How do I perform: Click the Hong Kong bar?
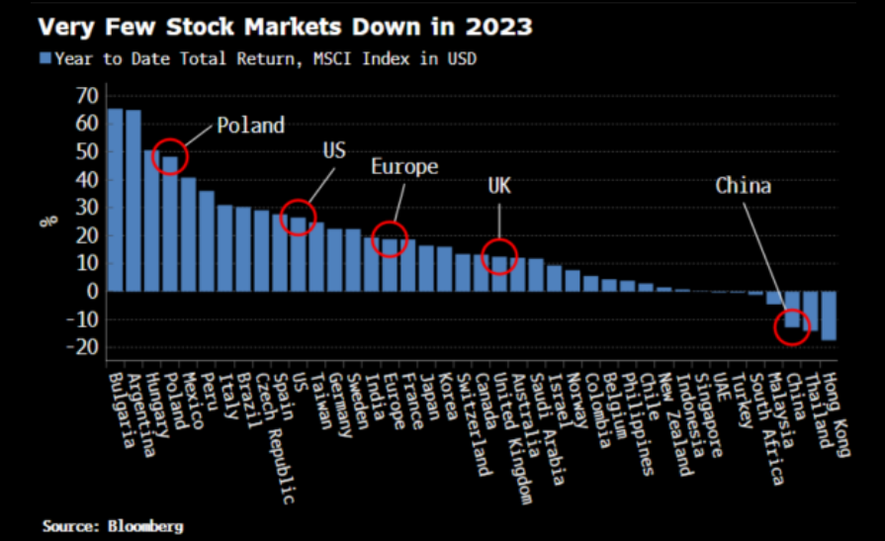[x=829, y=316]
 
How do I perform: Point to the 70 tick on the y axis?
[x=87, y=96]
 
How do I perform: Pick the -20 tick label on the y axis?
[x=83, y=346]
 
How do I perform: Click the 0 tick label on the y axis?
[x=92, y=291]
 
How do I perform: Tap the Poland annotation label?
[x=250, y=126]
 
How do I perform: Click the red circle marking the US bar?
[x=297, y=217]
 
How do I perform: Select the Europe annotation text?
[x=403, y=167]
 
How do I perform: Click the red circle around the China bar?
[x=791, y=326]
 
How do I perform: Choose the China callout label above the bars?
[x=743, y=185]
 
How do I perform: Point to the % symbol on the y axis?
[x=45, y=220]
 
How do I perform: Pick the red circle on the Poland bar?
[x=170, y=157]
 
